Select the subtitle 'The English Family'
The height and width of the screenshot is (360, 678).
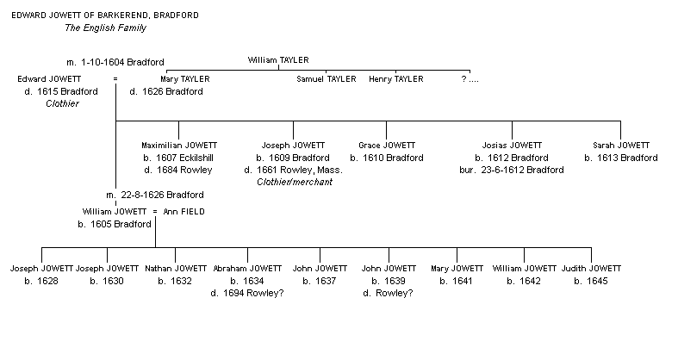point(105,28)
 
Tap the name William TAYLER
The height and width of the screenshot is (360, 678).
point(277,60)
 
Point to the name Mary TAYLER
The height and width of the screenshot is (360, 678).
point(184,79)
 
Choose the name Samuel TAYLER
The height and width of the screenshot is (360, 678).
point(327,79)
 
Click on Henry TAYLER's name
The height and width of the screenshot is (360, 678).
point(396,79)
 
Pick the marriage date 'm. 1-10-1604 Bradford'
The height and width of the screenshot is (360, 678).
point(115,63)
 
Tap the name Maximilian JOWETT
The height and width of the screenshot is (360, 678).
point(178,146)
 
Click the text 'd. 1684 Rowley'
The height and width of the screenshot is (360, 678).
point(178,170)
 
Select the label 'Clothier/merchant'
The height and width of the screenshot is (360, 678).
point(295,182)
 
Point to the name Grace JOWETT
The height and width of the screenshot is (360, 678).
point(387,146)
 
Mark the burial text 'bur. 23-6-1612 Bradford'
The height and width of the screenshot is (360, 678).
point(512,170)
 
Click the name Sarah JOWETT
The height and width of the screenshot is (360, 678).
point(621,146)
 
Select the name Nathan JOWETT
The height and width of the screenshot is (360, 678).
point(176,269)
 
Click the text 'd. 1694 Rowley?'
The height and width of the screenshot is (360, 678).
point(247,293)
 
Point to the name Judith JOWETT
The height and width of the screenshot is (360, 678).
point(591,269)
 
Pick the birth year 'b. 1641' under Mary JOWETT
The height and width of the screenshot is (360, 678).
point(456,281)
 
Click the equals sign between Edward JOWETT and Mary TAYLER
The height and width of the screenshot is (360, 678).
point(115,79)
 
